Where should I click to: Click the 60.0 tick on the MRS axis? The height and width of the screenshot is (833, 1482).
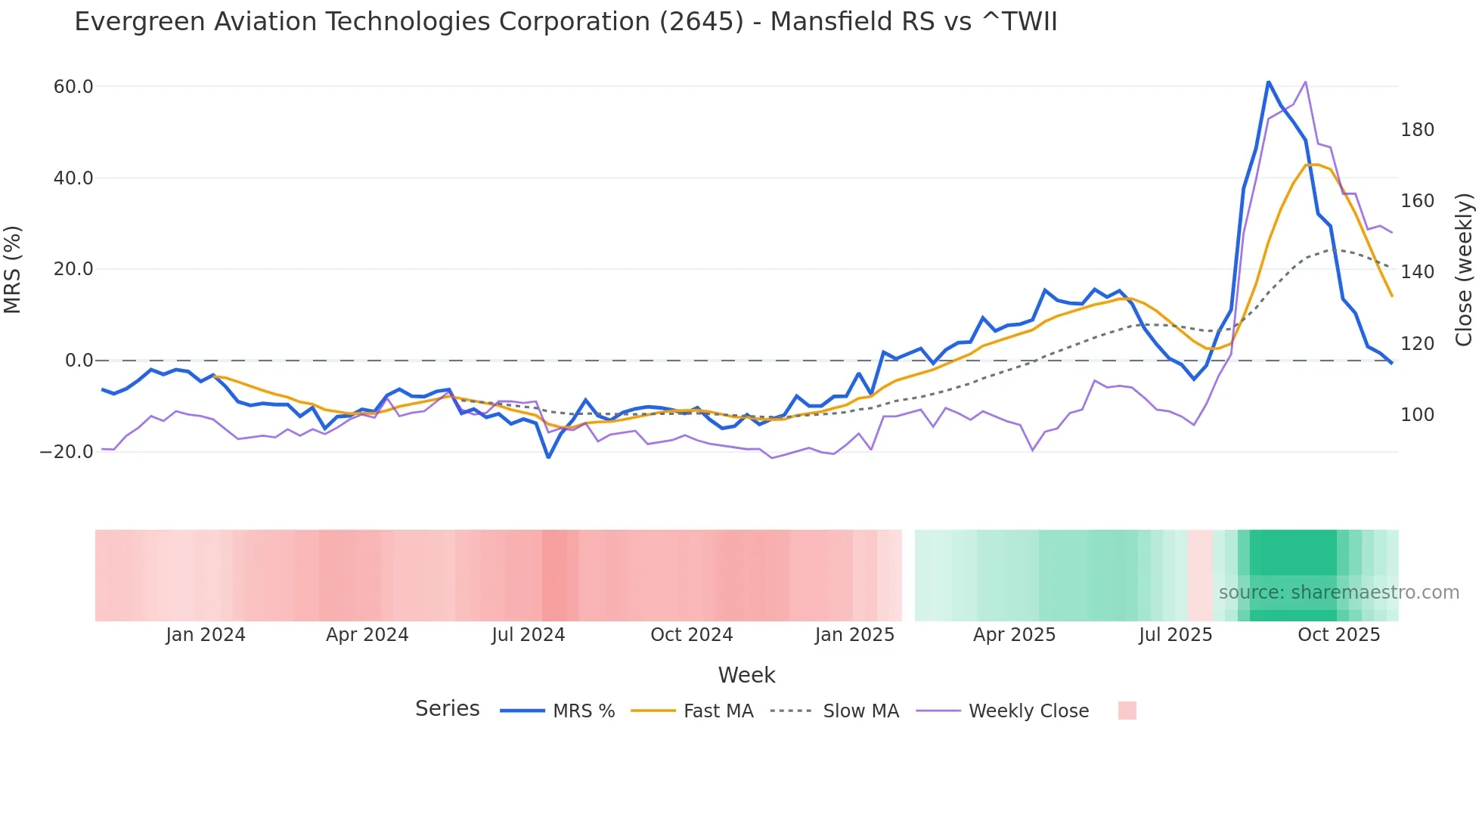73,87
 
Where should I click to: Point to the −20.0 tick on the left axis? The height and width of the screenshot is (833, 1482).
67,452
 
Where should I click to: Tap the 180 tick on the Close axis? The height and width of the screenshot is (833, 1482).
1417,130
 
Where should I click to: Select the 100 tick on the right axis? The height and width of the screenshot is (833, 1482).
1417,415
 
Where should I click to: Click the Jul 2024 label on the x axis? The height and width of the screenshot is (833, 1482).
528,635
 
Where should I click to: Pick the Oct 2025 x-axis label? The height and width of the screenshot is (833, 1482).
1338,635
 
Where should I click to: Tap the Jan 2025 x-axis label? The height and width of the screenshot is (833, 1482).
854,635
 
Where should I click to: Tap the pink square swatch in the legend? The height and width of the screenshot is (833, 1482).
1127,711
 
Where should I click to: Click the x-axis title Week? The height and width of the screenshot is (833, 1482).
746,675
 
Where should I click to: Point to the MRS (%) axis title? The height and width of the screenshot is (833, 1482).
13,269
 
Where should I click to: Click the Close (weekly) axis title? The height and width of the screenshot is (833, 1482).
1464,270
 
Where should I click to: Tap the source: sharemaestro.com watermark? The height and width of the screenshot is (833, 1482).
1338,593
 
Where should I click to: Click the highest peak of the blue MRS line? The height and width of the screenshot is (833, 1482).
1268,82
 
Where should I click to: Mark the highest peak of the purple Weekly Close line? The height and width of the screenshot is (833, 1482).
1305,82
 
